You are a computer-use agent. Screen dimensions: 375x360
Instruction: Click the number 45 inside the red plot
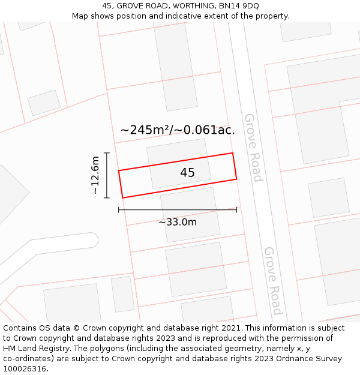187,173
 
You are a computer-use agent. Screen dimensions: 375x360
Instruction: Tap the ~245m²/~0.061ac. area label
178,130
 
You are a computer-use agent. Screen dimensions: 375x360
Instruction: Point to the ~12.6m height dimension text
95,175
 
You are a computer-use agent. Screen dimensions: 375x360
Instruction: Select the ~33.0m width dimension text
178,222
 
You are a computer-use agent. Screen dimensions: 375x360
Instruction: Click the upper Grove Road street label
253,147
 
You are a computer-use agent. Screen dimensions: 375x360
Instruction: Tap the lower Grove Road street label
272,281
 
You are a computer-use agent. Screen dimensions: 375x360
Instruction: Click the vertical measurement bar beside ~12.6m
107,175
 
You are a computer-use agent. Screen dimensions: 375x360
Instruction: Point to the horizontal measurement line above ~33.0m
178,210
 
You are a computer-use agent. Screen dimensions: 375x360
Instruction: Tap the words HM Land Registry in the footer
33,349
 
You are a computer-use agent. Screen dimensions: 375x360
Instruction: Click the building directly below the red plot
190,214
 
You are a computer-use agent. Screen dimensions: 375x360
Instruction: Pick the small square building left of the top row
44,103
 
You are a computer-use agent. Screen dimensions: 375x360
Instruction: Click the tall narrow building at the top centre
175,66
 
